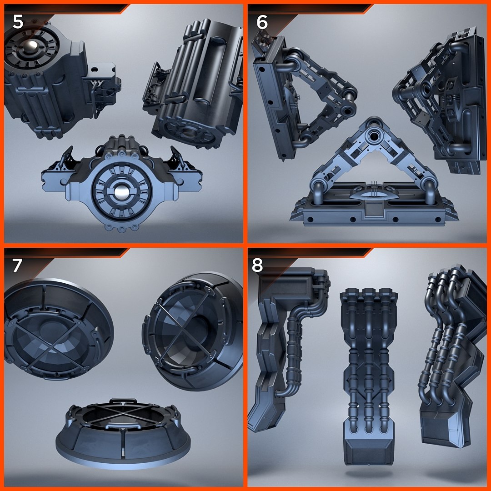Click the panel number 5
pyautogui.click(x=18, y=22)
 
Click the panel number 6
pyautogui.click(x=262, y=22)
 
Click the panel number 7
pyautogui.click(x=18, y=266)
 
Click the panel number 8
pyautogui.click(x=258, y=266)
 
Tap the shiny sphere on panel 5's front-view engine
pyautogui.click(x=121, y=193)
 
